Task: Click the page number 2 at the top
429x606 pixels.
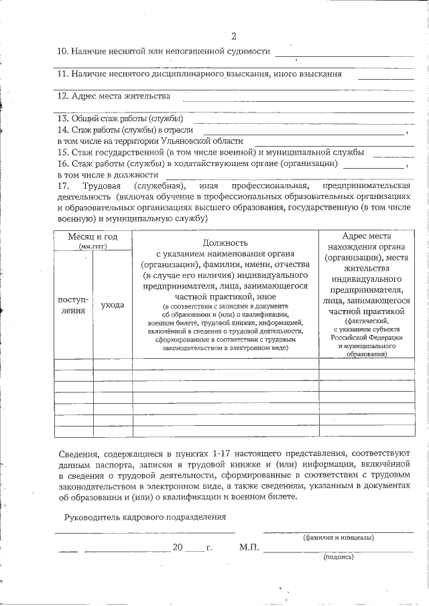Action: point(233,36)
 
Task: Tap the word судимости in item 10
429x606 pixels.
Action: point(250,52)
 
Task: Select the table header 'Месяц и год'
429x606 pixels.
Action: point(93,236)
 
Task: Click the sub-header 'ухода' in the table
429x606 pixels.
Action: point(112,305)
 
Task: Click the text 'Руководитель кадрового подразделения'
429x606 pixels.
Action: point(145,517)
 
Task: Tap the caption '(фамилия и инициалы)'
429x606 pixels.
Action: point(338,537)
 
